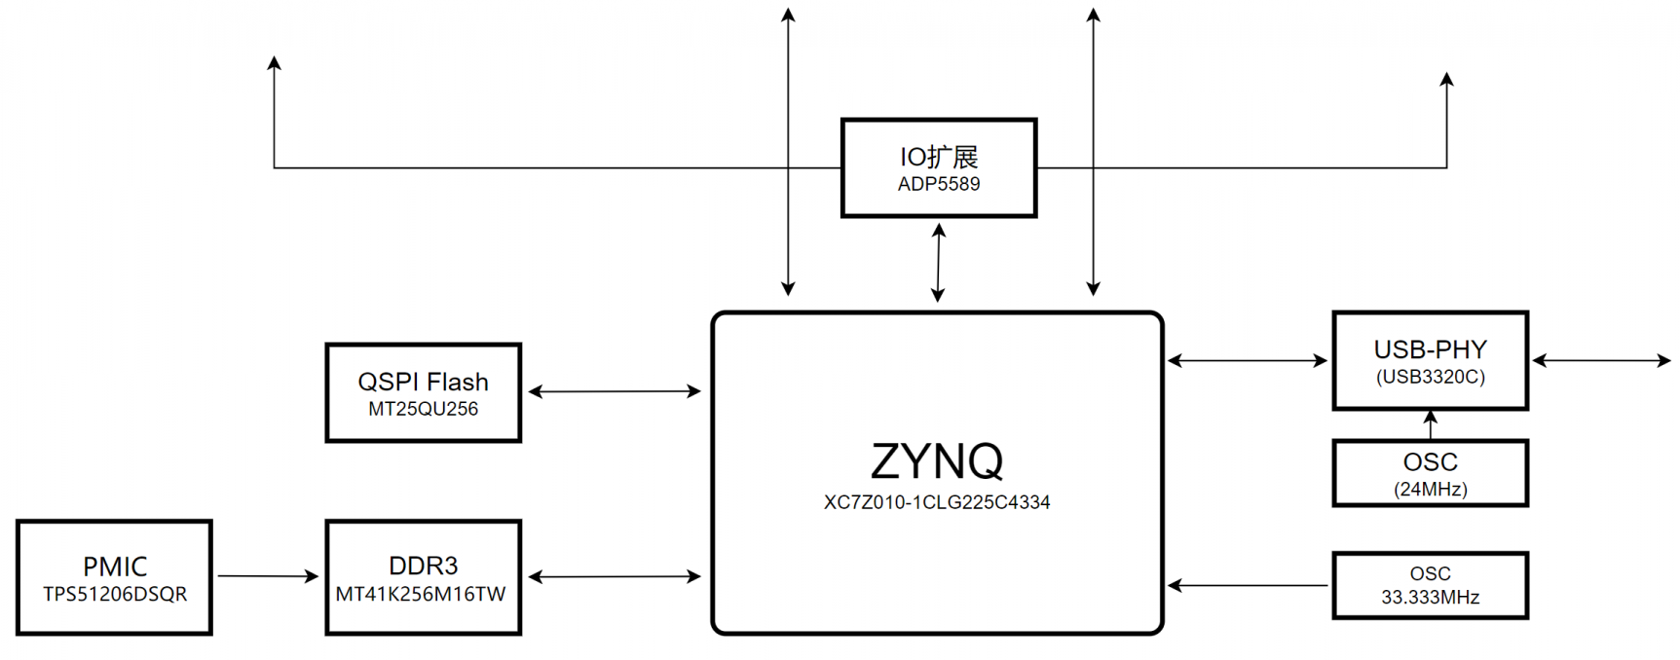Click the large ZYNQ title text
(x=937, y=460)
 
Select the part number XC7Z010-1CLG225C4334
(x=937, y=502)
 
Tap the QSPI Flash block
(x=424, y=392)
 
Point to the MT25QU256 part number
(x=423, y=409)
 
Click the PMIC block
(x=114, y=577)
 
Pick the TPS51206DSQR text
(x=115, y=594)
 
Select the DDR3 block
(x=424, y=577)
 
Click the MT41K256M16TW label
(x=421, y=594)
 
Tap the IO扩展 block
(x=939, y=167)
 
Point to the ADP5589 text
(x=939, y=184)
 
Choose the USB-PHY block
(x=1431, y=360)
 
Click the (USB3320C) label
(x=1431, y=377)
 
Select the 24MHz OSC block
(x=1431, y=473)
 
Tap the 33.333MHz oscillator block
(x=1431, y=585)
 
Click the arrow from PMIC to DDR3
(x=268, y=576)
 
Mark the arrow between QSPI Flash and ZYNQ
(x=615, y=391)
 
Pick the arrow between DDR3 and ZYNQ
(x=615, y=576)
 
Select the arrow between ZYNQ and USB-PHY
(x=1248, y=360)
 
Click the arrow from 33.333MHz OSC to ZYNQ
(x=1248, y=585)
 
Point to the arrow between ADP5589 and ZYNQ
(x=939, y=263)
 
